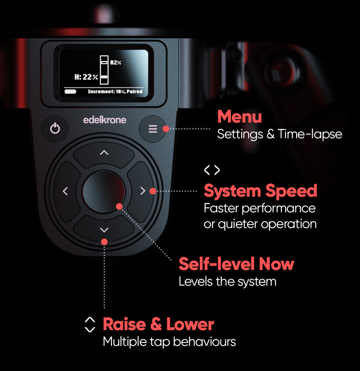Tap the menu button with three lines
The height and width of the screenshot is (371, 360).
(152, 129)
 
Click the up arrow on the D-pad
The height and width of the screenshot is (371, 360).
(104, 152)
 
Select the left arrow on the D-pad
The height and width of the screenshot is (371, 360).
(65, 191)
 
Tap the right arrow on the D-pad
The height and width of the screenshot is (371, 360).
(143, 191)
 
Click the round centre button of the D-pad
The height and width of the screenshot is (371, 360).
(104, 192)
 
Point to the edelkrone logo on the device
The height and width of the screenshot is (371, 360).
(105, 120)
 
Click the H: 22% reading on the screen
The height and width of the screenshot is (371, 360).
(86, 77)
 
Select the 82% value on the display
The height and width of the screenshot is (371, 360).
(116, 63)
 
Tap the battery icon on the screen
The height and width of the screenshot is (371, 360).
(70, 92)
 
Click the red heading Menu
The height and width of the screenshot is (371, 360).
(240, 116)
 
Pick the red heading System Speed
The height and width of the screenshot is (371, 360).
(260, 191)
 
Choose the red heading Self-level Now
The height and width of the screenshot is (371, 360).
(236, 264)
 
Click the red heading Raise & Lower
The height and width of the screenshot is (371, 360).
(158, 324)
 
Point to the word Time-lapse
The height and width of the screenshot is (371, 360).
(310, 134)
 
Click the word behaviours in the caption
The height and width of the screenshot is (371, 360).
(204, 342)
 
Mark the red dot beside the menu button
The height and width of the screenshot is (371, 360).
(166, 129)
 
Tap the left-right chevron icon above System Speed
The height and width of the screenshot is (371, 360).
(212, 170)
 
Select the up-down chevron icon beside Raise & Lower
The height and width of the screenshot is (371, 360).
(90, 325)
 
